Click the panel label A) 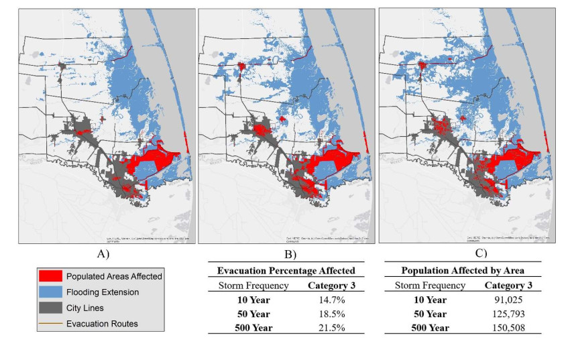103,255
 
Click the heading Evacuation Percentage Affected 285,270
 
